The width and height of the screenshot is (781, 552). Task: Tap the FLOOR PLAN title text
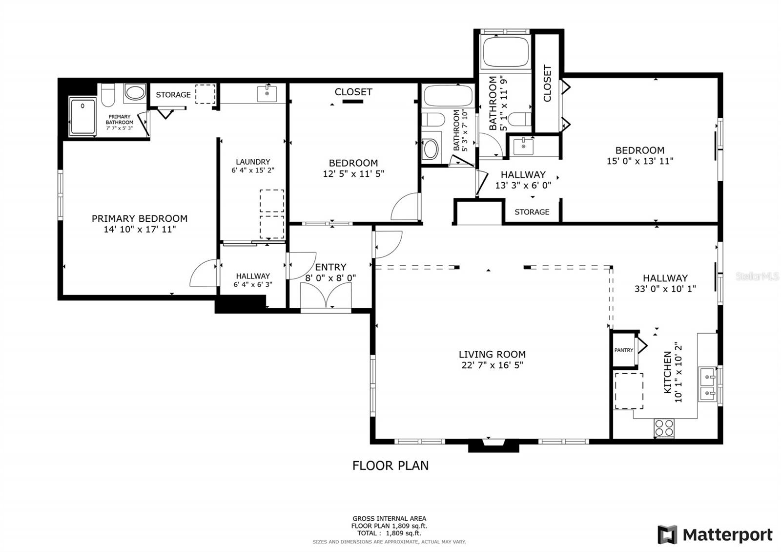click(390, 466)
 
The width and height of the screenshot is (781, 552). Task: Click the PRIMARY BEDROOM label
click(140, 218)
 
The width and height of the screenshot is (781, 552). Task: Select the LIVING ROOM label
click(492, 354)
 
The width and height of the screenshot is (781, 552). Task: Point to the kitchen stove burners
click(664, 428)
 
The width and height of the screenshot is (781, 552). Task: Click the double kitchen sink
click(707, 384)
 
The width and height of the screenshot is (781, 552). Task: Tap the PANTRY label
click(623, 350)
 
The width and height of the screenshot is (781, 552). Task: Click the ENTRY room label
click(330, 267)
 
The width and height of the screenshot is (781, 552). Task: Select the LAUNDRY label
click(253, 162)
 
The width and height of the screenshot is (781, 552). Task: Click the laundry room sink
click(267, 93)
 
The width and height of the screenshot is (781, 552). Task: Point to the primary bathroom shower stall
click(82, 116)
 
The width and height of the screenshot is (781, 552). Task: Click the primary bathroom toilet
click(108, 95)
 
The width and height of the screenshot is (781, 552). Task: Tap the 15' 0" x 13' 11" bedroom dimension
click(640, 161)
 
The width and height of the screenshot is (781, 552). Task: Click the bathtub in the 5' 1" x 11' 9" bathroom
click(505, 52)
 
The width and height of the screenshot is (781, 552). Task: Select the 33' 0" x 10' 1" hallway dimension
click(665, 289)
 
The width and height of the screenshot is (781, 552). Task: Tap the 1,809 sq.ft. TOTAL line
click(389, 533)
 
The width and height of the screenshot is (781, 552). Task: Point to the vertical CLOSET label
click(547, 84)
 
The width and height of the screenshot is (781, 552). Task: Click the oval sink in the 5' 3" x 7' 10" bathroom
click(431, 149)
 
